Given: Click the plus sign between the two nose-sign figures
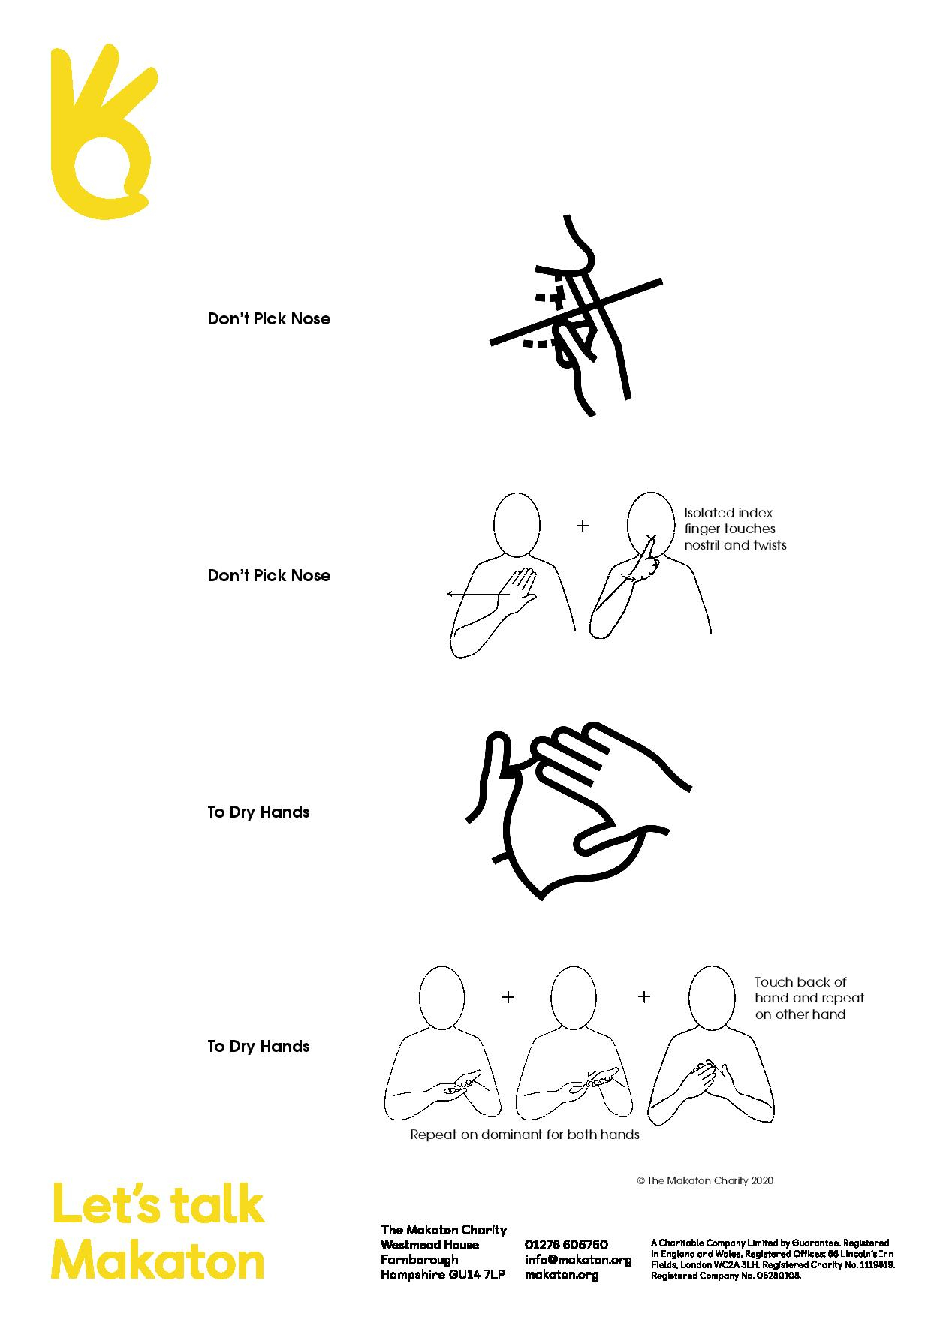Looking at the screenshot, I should click(x=583, y=526).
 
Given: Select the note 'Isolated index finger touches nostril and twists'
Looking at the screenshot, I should click(x=734, y=529).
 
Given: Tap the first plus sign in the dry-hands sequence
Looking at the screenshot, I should click(x=508, y=997).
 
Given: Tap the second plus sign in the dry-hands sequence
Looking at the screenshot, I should click(x=643, y=997).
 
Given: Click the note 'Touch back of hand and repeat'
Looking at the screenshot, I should click(x=809, y=998).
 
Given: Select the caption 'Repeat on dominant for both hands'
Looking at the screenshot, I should click(x=524, y=1135).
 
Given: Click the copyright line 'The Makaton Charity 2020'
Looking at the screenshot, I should click(x=705, y=1180).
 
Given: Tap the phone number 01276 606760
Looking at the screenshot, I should click(x=566, y=1245).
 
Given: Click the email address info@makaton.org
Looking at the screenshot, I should click(x=578, y=1260).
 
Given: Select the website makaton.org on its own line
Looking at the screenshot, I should click(x=562, y=1275).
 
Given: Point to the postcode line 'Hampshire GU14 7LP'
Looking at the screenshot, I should click(x=442, y=1275).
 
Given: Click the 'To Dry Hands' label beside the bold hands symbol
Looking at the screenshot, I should click(x=258, y=812).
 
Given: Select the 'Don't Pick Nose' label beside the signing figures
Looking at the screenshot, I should click(x=269, y=576).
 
